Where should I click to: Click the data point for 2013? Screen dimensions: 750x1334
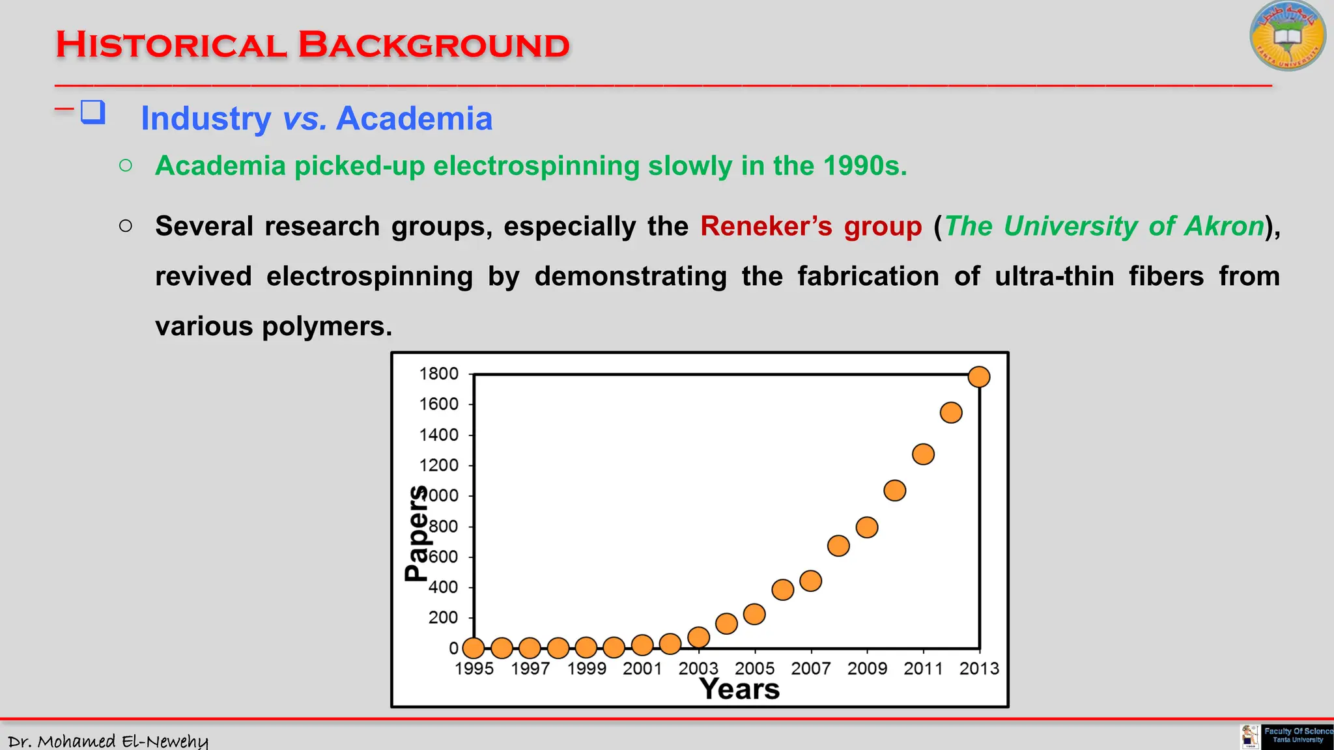pyautogui.click(x=979, y=377)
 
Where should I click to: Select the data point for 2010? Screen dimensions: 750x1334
pyautogui.click(x=895, y=490)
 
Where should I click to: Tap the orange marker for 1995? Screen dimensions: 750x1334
pyautogui.click(x=474, y=648)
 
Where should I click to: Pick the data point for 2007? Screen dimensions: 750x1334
pyautogui.click(x=810, y=581)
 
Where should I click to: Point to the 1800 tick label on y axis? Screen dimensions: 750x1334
pyautogui.click(x=439, y=374)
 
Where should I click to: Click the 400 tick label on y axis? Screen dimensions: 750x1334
pyautogui.click(x=443, y=587)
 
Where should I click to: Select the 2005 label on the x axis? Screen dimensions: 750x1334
pyautogui.click(x=754, y=669)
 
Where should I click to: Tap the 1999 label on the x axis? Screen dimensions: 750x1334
pyautogui.click(x=586, y=669)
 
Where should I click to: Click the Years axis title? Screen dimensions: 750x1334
pyautogui.click(x=739, y=689)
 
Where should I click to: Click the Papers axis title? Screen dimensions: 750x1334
pyautogui.click(x=416, y=533)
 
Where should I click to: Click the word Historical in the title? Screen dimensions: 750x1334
pyautogui.click(x=171, y=46)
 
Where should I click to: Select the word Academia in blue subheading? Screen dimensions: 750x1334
pyautogui.click(x=414, y=118)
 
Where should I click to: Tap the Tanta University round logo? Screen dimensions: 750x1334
pyautogui.click(x=1288, y=36)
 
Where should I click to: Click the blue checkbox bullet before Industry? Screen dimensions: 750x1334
pyautogui.click(x=92, y=112)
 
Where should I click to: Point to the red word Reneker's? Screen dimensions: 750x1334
pyautogui.click(x=766, y=227)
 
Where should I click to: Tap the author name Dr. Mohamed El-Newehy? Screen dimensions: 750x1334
pyautogui.click(x=108, y=741)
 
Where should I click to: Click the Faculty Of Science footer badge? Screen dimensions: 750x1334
pyautogui.click(x=1297, y=736)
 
